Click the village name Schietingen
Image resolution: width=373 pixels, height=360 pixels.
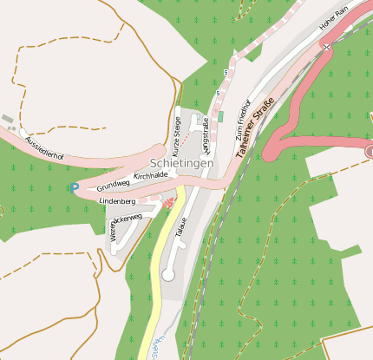(x=181, y=162)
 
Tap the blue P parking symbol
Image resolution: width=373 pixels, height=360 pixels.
(x=75, y=187)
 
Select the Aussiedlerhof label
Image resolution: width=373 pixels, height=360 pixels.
(x=45, y=147)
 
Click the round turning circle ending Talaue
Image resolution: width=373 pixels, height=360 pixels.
(x=168, y=274)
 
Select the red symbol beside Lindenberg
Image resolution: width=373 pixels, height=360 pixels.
(x=170, y=203)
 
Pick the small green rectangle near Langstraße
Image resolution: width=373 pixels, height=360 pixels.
(x=220, y=116)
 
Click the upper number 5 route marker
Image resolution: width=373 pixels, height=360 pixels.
(x=225, y=71)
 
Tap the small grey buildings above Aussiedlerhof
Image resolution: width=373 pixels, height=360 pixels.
(x=8, y=119)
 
